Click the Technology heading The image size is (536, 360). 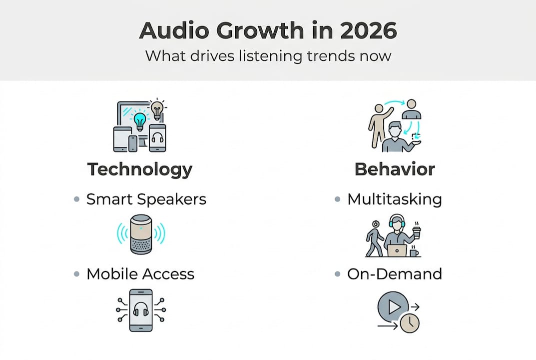pyautogui.click(x=140, y=169)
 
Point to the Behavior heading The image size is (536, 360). pyautogui.click(x=395, y=169)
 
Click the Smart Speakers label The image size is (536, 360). pyautogui.click(x=146, y=199)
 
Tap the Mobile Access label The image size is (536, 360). pyautogui.click(x=140, y=274)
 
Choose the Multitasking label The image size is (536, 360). pyautogui.click(x=395, y=199)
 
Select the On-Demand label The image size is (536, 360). pyautogui.click(x=395, y=274)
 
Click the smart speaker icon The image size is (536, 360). pyautogui.click(x=140, y=233)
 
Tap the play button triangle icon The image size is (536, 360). pyautogui.click(x=394, y=306)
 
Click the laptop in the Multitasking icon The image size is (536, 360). pyautogui.click(x=397, y=250)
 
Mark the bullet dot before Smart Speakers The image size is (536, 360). pyautogui.click(x=76, y=199)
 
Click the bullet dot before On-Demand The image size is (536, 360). pyautogui.click(x=337, y=274)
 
